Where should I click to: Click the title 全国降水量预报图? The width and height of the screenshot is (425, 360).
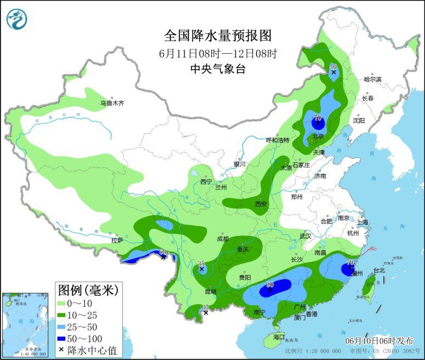(x=218, y=36)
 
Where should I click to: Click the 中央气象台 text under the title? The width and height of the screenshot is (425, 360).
(x=218, y=69)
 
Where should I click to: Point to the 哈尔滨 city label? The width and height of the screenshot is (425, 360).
(x=372, y=79)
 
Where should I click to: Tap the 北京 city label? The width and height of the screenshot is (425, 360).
(x=318, y=136)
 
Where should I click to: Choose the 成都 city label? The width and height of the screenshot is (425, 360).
(x=223, y=239)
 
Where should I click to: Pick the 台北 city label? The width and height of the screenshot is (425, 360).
(x=379, y=270)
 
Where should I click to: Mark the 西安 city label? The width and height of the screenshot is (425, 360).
(x=260, y=204)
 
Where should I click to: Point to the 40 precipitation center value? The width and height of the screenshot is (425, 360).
(x=333, y=66)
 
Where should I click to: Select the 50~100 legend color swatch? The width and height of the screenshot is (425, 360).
(x=65, y=337)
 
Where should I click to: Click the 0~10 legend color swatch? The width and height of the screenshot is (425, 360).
(x=65, y=303)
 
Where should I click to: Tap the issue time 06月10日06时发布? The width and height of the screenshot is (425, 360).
(x=377, y=340)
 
